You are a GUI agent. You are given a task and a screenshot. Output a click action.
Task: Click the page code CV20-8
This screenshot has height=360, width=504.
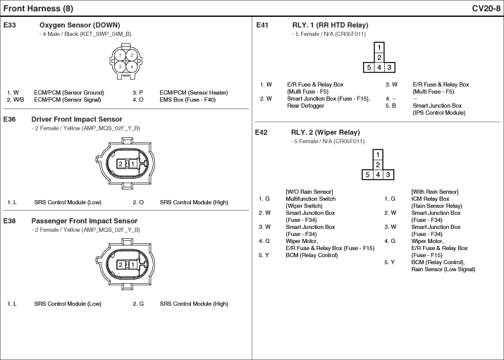coord(486,8)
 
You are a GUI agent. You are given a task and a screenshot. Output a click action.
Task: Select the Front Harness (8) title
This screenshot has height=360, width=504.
coord(38,8)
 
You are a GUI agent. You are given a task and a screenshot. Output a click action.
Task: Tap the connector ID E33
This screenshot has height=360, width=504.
coord(10,25)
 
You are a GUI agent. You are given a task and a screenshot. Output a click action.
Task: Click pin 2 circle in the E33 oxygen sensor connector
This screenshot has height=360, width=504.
coord(132,55)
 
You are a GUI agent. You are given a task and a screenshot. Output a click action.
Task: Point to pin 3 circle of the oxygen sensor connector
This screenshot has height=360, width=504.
coord(121,67)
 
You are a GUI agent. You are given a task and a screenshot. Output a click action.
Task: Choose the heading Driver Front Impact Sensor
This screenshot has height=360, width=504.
coord(77,120)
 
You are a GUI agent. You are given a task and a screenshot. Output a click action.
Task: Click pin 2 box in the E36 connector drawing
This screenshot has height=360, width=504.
coord(121,164)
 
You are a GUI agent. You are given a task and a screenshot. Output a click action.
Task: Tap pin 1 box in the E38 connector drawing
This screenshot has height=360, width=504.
coord(133,265)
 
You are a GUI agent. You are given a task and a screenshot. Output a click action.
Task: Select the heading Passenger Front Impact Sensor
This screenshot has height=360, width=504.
coord(84,221)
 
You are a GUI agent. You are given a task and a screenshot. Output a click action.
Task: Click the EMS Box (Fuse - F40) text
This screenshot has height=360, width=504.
coord(188,100)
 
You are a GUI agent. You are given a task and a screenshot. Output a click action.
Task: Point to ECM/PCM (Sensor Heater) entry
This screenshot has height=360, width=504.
coord(194,93)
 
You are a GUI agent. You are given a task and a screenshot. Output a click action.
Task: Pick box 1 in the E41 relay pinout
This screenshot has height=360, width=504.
coord(379,47)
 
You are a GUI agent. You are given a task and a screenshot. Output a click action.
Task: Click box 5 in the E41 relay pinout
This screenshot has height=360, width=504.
coord(369,68)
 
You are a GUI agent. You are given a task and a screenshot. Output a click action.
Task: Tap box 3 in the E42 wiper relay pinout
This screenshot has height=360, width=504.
coord(388,175)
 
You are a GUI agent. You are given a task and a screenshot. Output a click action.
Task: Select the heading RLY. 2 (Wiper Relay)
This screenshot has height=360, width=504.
coord(325,132)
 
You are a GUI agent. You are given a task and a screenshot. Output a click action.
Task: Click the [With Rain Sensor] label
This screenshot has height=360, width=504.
coord(435,192)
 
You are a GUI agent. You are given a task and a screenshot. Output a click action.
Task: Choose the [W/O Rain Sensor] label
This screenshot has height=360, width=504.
coord(309,192)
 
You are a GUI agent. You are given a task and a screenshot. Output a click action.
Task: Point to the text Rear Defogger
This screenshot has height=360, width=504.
coord(305,106)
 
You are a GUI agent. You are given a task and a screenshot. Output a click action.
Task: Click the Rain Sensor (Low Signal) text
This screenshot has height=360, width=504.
coord(443,269)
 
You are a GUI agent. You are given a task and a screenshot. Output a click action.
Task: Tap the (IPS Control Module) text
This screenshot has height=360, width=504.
coord(438,113)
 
